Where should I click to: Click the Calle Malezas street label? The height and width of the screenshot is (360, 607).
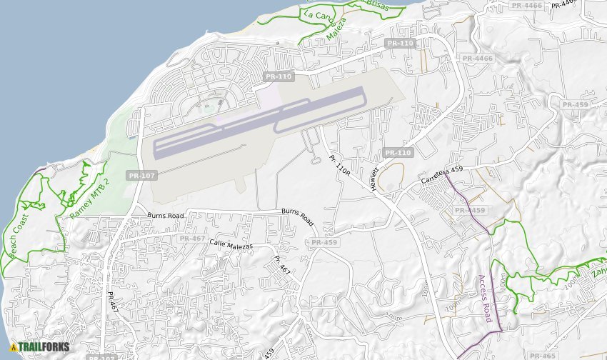[x=231, y=244]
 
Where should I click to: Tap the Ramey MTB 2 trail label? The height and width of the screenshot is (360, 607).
[x=90, y=199]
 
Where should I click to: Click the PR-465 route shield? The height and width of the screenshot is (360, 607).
[x=543, y=355]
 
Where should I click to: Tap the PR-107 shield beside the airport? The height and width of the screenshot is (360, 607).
[x=141, y=175]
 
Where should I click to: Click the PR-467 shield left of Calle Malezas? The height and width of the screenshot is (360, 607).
[x=193, y=238]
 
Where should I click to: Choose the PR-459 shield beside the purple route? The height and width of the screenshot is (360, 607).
[x=470, y=210]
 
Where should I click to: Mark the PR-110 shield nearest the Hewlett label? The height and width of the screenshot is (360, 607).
[x=398, y=153]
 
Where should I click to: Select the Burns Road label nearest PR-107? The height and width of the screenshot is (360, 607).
[x=166, y=215]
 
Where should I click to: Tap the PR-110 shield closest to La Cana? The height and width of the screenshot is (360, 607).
[x=400, y=43]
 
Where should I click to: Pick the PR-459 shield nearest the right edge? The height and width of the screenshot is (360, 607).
[x=575, y=104]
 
